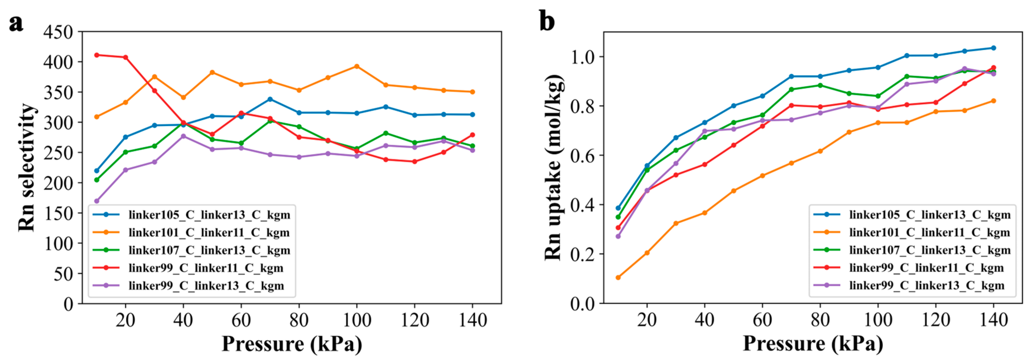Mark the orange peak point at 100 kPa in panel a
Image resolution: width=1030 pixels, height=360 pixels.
[357, 66]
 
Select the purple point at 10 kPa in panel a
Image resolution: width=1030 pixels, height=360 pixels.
[96, 201]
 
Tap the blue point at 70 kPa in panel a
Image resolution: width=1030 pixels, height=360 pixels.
[270, 99]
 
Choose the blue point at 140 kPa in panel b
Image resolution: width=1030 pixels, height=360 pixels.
[993, 48]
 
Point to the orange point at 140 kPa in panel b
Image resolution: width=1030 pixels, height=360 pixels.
[993, 101]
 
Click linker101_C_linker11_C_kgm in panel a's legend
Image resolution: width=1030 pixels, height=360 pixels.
[209, 232]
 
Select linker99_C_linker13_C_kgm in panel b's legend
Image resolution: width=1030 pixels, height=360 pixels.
[927, 286]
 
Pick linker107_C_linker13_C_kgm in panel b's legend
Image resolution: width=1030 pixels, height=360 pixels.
[930, 250]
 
